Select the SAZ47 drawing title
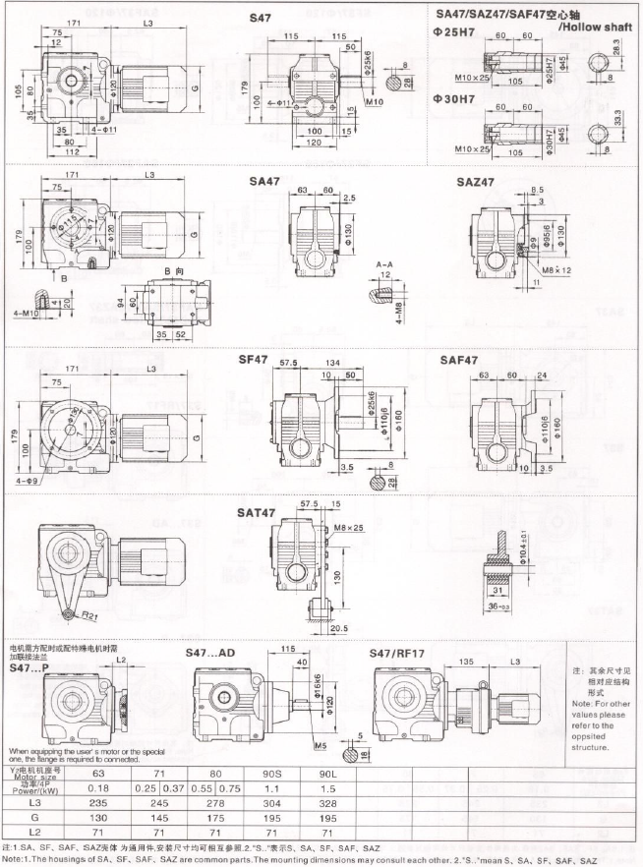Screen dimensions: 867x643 (477, 182)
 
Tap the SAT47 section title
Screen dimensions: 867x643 (259, 512)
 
